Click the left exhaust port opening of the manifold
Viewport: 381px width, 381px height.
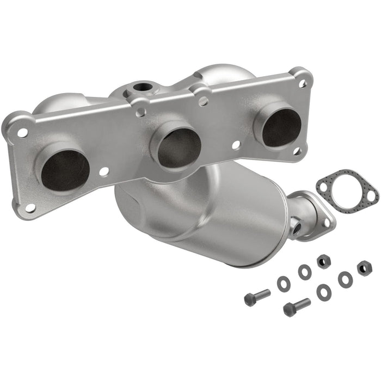(x=65, y=170)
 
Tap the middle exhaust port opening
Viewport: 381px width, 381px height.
(x=179, y=146)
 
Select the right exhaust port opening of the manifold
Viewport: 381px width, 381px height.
(x=281, y=127)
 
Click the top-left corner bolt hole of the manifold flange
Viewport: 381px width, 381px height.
(x=22, y=132)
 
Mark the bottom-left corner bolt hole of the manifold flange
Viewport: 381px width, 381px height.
(x=30, y=208)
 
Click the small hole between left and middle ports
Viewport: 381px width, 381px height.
(x=103, y=171)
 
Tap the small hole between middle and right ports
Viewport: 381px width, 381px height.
(x=236, y=145)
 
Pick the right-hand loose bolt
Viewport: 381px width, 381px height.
(x=297, y=306)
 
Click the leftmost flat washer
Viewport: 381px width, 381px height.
(x=283, y=282)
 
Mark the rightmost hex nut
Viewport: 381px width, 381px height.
(x=364, y=268)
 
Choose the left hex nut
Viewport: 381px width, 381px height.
(x=324, y=262)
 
